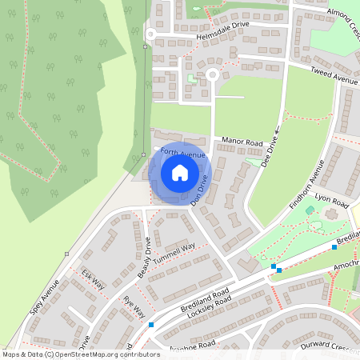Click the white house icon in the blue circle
pos(180,173)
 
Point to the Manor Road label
pos(242,142)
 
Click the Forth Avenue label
pos(182,153)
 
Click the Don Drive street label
pos(199,193)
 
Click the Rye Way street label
pos(134,306)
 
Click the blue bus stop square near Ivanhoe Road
pos(151,325)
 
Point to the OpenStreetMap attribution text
pos(81,354)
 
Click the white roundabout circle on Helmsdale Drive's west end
pos(150,34)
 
